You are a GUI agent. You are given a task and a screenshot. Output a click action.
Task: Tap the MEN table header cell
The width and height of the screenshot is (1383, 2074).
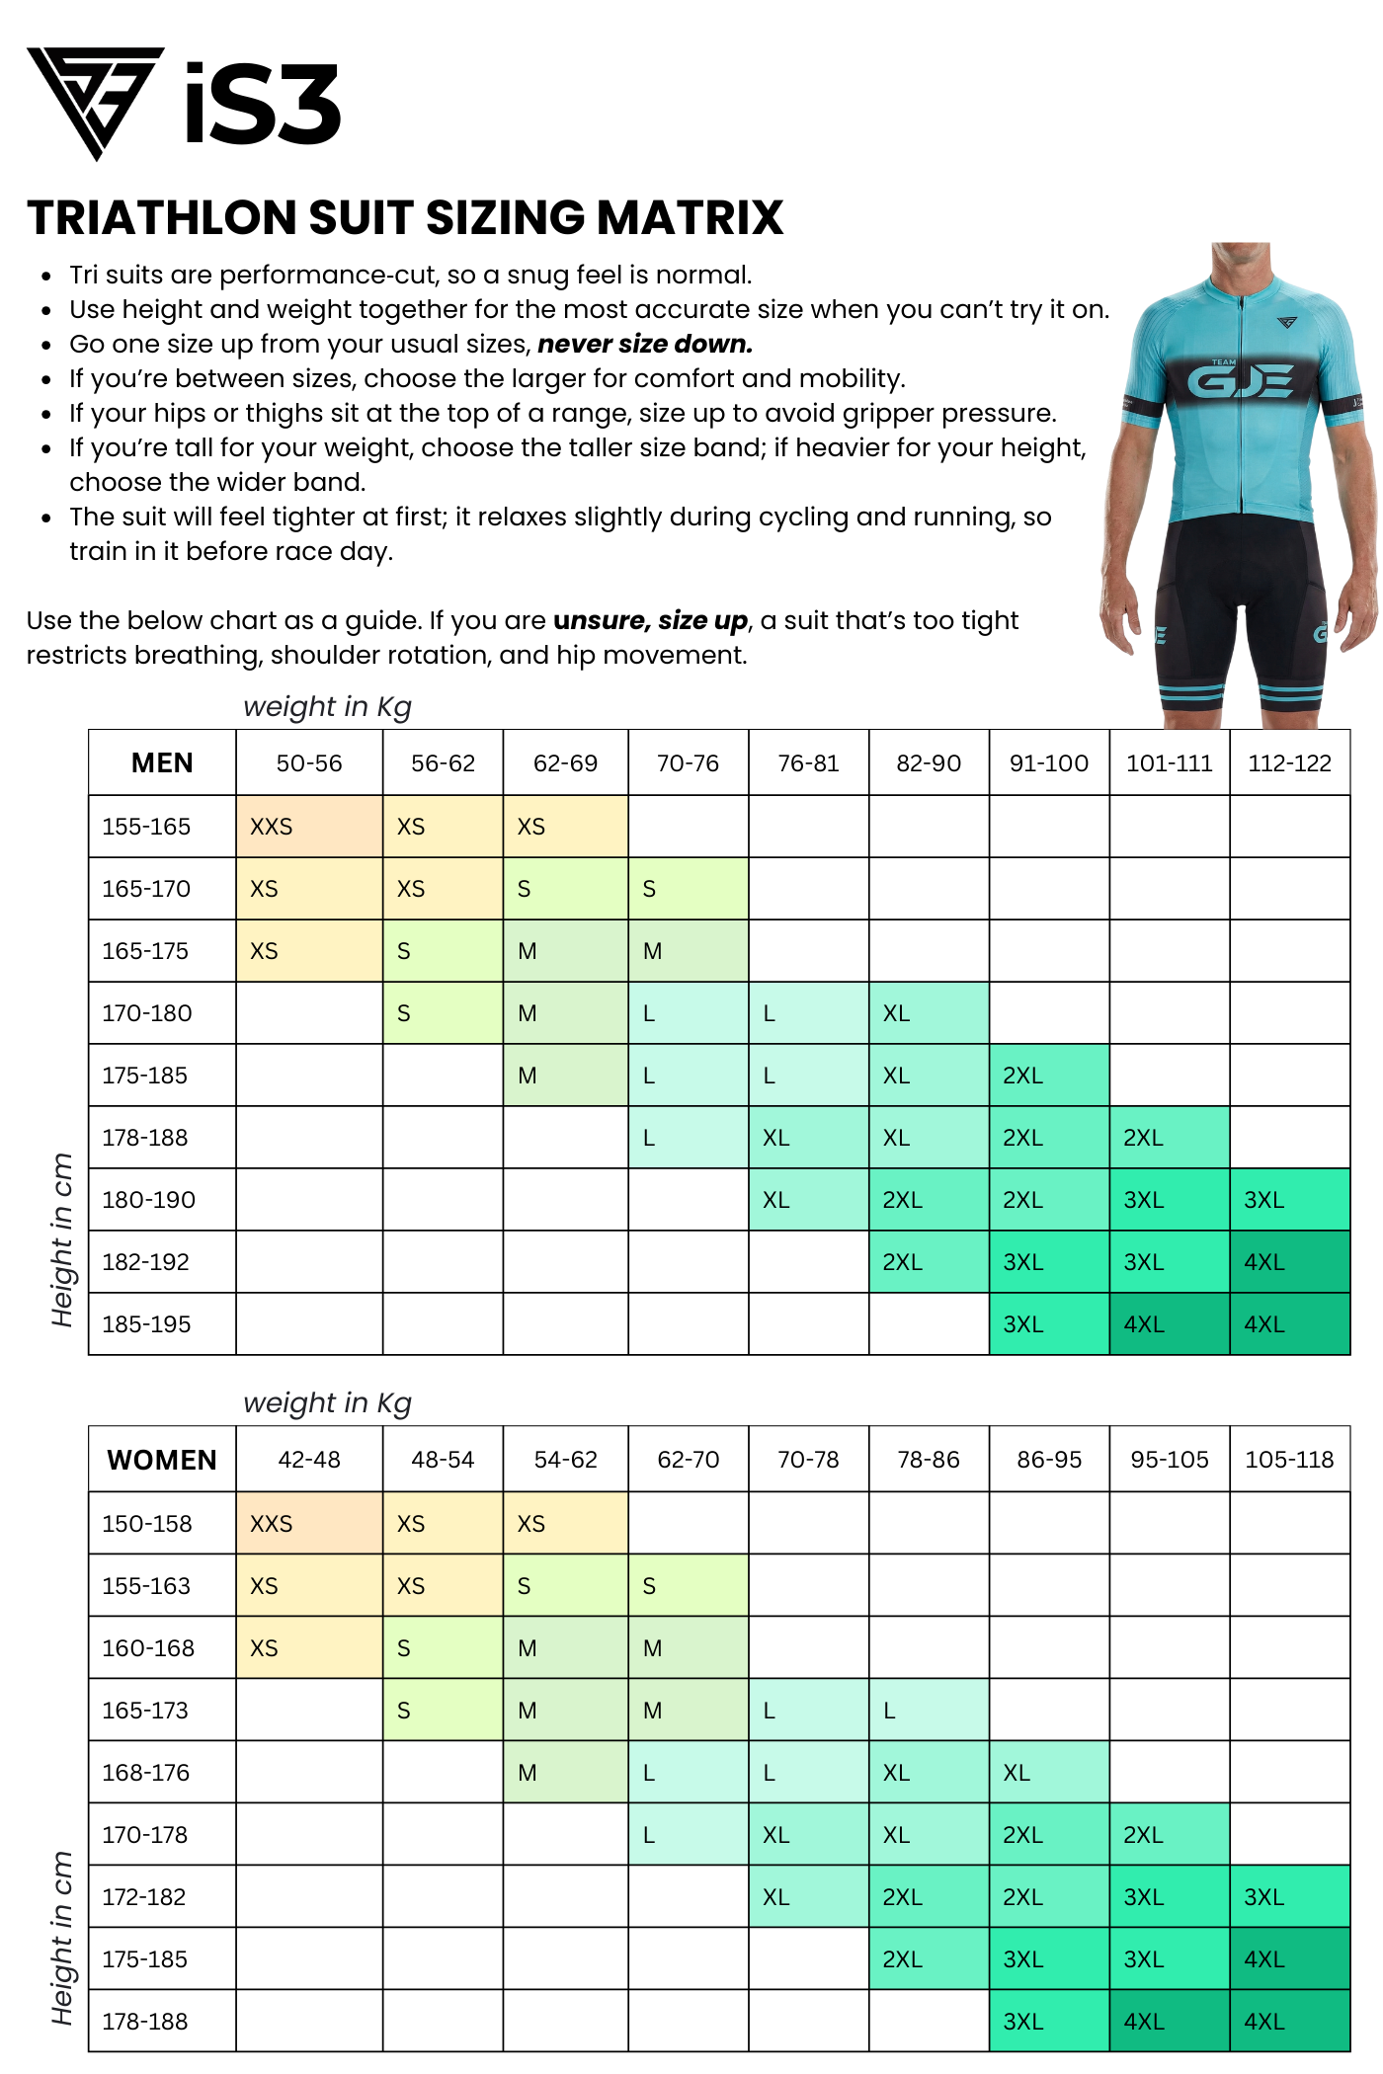(162, 763)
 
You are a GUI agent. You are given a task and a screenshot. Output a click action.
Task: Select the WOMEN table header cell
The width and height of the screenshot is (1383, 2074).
(162, 1460)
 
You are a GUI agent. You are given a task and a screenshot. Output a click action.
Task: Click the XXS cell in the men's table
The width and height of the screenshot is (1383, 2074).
(308, 827)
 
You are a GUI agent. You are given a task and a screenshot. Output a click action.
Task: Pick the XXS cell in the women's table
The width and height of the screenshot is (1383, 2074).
(308, 1523)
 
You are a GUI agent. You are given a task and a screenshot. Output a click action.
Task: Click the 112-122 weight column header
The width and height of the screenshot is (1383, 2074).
(1289, 763)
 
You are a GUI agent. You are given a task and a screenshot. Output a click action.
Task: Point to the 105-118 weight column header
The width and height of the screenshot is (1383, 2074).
(1289, 1460)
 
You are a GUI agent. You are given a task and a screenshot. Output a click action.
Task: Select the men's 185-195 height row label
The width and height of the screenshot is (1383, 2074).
(146, 1324)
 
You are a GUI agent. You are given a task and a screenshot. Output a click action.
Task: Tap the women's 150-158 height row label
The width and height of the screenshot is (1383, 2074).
(146, 1523)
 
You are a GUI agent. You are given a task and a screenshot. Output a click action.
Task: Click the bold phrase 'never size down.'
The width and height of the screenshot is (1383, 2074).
(645, 345)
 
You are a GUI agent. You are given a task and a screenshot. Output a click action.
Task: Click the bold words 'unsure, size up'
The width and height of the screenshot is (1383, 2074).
(650, 620)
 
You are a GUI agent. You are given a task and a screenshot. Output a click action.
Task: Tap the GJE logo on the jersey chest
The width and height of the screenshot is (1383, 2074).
(1240, 380)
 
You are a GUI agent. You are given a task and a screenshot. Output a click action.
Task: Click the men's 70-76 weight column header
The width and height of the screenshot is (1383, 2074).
(688, 763)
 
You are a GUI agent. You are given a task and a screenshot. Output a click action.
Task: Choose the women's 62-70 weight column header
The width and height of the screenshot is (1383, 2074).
(688, 1460)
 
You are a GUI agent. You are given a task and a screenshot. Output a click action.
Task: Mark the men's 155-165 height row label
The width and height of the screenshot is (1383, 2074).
(146, 827)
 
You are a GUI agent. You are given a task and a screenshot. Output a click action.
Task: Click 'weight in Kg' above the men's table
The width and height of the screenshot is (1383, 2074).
(327, 707)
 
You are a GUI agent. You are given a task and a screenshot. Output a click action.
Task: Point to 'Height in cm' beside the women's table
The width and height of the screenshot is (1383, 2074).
(62, 1937)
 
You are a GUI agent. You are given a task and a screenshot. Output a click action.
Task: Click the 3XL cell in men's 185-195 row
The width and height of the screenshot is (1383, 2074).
(1048, 1324)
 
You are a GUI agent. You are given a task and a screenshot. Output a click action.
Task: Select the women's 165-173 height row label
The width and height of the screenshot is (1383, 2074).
(145, 1711)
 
